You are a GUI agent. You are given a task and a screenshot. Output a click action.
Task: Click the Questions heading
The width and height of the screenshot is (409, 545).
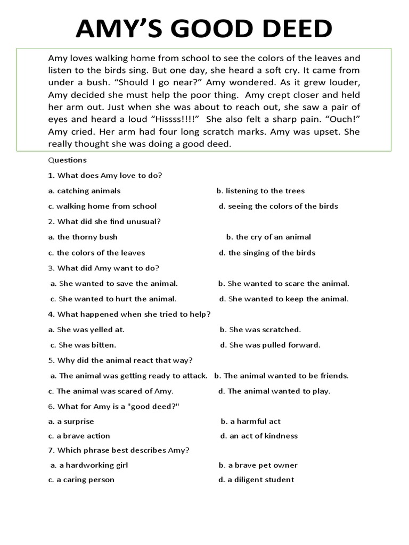(67, 160)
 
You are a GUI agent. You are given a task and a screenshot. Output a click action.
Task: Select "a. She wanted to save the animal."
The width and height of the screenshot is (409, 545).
(114, 284)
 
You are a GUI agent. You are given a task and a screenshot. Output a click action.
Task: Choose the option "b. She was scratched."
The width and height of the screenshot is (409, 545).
(260, 329)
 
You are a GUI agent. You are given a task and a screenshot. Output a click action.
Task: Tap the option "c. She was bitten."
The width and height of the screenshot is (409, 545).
(83, 345)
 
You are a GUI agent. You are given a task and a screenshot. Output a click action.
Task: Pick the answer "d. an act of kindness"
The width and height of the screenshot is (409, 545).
(259, 436)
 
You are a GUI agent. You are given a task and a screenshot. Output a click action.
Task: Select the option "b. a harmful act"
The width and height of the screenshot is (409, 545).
(251, 422)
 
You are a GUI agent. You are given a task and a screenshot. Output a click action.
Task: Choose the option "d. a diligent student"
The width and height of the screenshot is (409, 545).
(256, 480)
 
